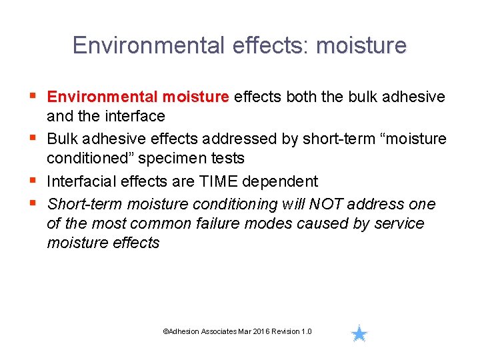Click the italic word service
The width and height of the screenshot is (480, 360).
tap(400, 223)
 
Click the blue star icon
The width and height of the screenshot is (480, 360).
tap(359, 333)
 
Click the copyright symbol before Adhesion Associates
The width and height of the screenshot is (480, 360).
tap(165, 332)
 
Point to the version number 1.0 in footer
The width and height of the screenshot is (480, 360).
tap(306, 332)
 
